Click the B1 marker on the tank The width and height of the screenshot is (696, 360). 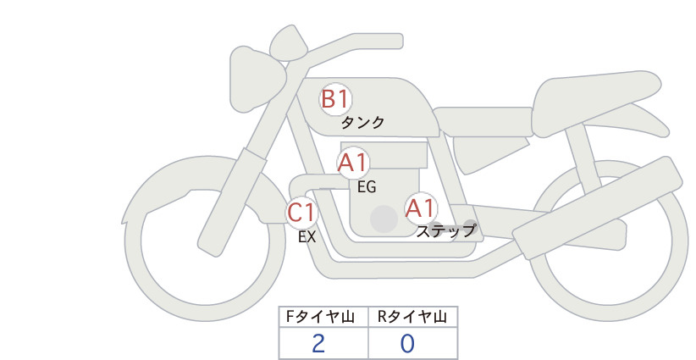pos(335,99)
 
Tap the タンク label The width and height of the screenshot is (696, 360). pos(362,122)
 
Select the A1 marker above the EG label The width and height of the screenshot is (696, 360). pos(353,163)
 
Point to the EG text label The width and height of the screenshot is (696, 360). pos(367,187)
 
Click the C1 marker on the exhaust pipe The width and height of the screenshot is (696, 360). pos(301,212)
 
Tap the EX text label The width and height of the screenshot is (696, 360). pos(307,237)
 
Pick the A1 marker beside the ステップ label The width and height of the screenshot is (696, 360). pos(421,208)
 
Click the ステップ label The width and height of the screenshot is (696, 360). pos(445,231)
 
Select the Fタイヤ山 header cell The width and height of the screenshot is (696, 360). pos(323,317)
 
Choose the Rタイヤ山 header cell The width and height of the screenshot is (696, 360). pos(413,317)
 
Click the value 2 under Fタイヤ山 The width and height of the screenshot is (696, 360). pos(318,344)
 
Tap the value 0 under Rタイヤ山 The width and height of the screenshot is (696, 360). pos(407,344)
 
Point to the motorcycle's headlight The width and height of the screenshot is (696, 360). pos(257,79)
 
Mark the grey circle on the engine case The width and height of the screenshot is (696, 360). pos(384,219)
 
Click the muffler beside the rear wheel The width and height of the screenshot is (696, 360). pos(598,208)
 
